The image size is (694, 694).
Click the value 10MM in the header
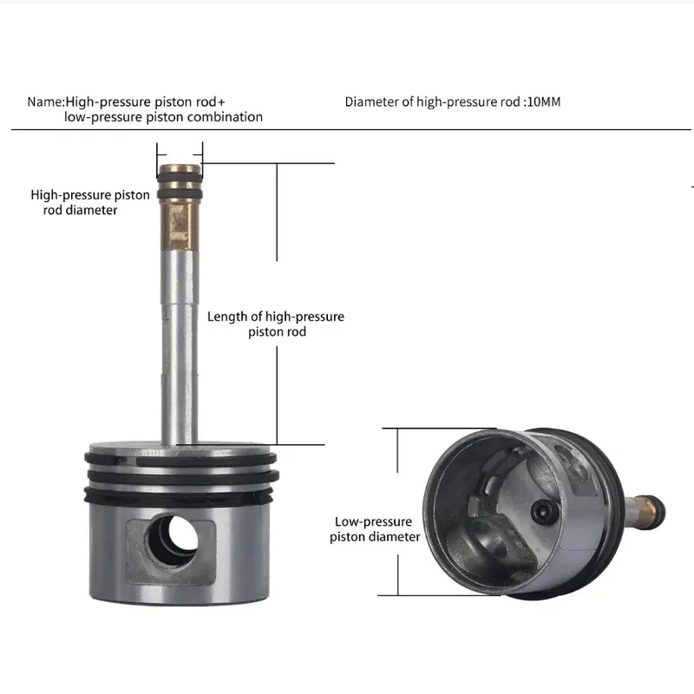point(544,101)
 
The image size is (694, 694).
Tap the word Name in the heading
point(45,101)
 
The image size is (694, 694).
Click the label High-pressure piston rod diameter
point(90,202)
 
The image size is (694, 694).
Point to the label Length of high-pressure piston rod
point(276,324)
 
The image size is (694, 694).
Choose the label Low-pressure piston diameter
point(375,529)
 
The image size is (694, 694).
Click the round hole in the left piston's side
point(173,540)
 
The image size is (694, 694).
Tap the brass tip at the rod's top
point(180,168)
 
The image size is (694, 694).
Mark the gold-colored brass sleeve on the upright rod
point(180,225)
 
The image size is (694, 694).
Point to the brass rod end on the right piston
point(647,510)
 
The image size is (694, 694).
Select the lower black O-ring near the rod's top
point(180,194)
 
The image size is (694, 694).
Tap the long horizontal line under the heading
point(351,129)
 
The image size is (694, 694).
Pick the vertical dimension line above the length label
point(277,212)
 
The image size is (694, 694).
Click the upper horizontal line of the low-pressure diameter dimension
point(439,428)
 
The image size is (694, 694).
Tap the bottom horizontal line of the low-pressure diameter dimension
point(439,595)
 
